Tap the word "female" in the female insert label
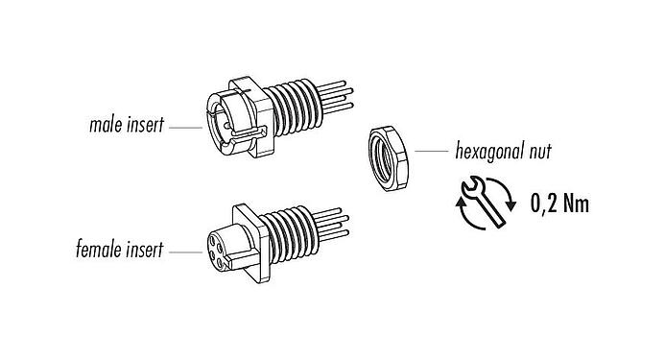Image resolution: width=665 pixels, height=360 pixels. [96, 252]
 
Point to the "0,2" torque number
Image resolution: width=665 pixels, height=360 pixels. [548, 204]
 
